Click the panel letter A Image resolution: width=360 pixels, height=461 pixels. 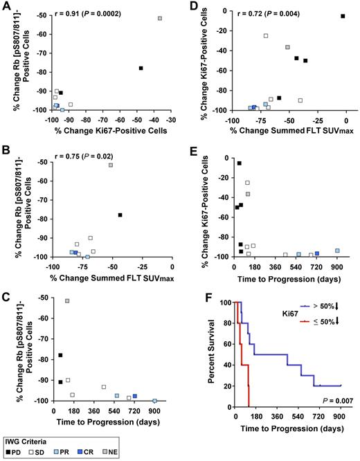5,6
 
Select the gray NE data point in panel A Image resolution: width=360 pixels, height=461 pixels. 160,18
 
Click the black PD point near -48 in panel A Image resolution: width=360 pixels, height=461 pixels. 141,68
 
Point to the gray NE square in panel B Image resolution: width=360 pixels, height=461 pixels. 111,165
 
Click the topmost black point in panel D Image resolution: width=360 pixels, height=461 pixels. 343,16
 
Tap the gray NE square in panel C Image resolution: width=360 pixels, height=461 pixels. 67,301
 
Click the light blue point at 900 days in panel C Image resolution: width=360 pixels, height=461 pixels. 154,400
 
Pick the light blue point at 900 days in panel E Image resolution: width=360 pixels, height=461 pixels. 337,251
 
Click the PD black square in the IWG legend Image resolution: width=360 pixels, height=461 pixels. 9,452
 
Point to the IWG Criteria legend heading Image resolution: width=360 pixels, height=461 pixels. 25,440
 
